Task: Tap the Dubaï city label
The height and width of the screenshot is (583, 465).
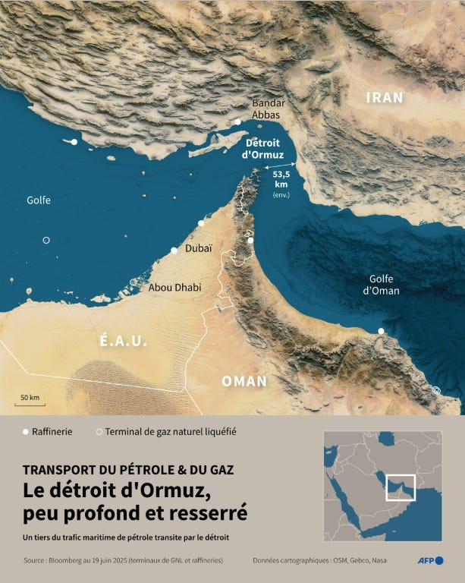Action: point(199,247)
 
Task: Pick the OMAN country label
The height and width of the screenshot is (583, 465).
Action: point(243,381)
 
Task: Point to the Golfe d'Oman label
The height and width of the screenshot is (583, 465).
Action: point(381,285)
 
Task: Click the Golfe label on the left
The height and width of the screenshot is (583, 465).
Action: point(39,200)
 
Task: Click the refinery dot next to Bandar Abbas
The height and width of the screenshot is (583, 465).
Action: point(237,121)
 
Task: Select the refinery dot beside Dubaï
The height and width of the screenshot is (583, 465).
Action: point(174,251)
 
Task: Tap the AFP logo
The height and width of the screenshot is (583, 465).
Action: point(430,560)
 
